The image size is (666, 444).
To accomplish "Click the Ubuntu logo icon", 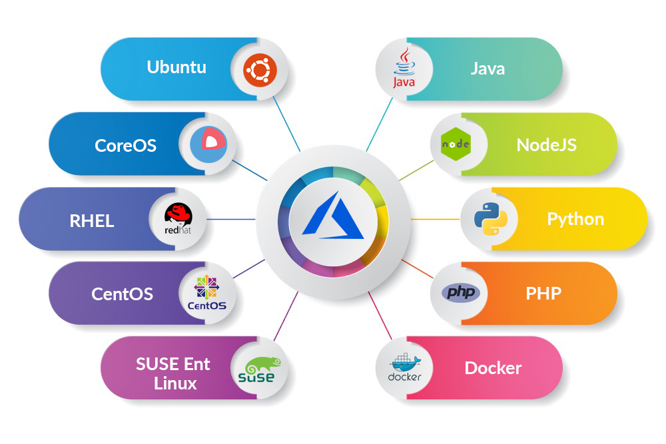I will click(x=259, y=69).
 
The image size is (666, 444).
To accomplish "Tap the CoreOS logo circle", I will click(x=208, y=144).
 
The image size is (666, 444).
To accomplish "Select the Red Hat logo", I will click(x=178, y=219).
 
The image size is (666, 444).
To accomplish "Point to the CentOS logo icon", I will click(x=208, y=294).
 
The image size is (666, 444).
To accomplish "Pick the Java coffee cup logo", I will click(x=404, y=69).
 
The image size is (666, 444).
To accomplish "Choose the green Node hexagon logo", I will click(x=456, y=144).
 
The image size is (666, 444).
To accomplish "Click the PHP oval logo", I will click(x=460, y=293).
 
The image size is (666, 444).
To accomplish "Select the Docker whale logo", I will click(x=404, y=368).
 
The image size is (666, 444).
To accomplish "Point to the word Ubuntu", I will click(x=176, y=67).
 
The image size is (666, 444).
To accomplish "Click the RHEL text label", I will click(x=92, y=220).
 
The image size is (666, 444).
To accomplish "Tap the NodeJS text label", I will click(x=547, y=144).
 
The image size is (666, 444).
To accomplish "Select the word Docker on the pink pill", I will click(x=493, y=368).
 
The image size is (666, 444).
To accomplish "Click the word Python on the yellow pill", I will click(x=575, y=219).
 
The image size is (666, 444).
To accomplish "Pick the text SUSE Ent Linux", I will click(x=173, y=373).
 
